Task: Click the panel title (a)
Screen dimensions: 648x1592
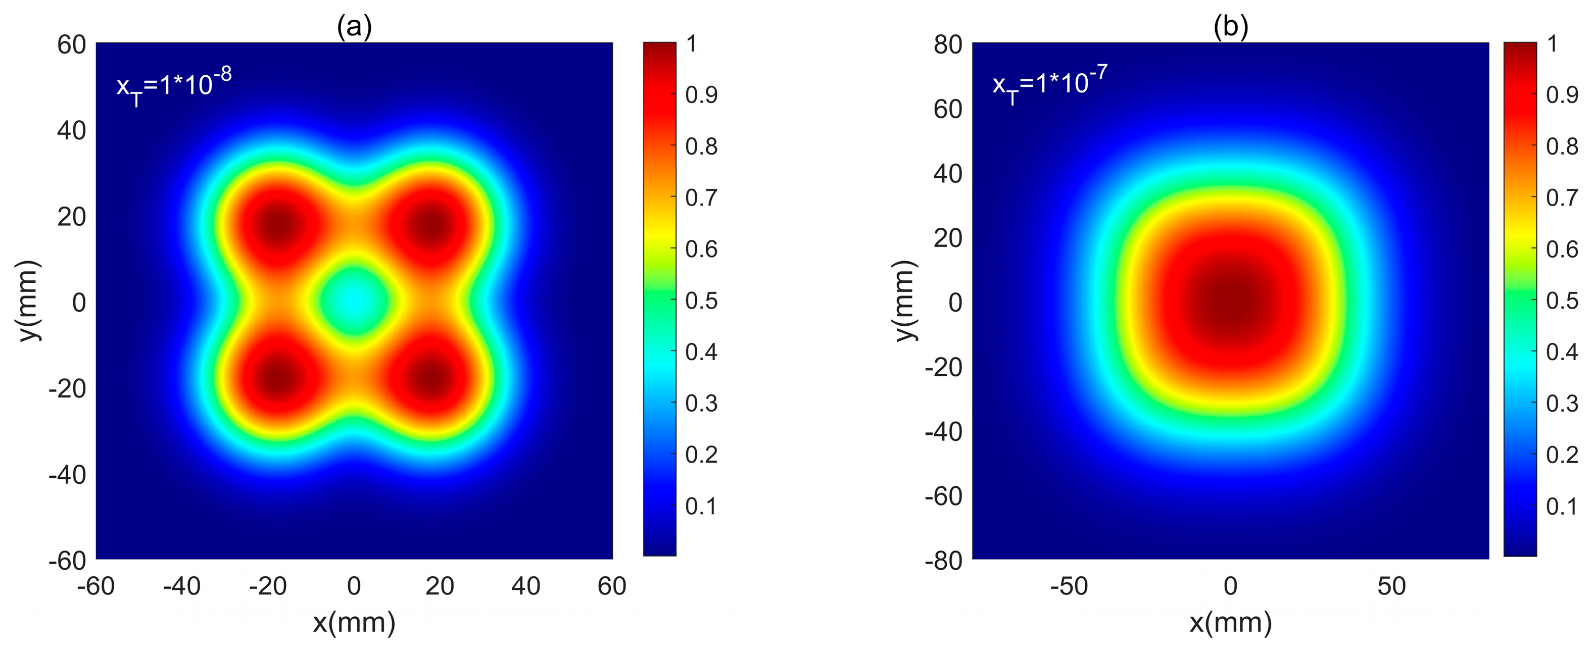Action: point(354,27)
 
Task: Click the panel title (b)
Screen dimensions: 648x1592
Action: point(1230,27)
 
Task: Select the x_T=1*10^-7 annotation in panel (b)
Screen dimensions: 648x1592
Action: point(1049,85)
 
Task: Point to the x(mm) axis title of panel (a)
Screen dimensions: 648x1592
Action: point(354,622)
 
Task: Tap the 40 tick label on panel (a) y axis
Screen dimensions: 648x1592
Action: point(71,130)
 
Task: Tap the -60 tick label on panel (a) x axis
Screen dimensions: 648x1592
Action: point(96,585)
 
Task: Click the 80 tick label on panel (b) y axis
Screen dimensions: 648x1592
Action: point(947,44)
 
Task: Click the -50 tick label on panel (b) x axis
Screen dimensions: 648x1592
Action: point(1069,585)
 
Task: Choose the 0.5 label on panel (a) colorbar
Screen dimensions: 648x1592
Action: point(701,301)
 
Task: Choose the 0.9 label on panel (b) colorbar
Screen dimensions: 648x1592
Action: point(1562,95)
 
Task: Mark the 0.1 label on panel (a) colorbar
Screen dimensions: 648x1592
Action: point(701,507)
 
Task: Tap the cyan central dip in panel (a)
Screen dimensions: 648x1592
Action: point(354,301)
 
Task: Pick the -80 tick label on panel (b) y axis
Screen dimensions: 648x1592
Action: point(943,561)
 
